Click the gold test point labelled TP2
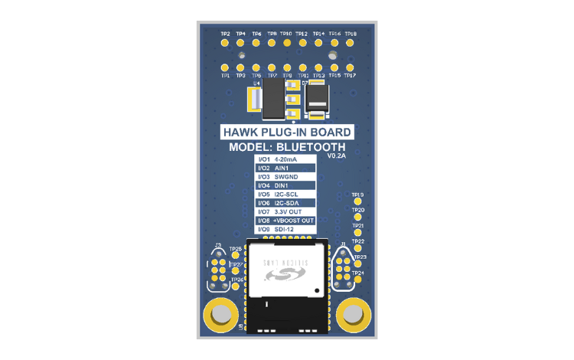225,43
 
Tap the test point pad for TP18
351,43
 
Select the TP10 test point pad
287,43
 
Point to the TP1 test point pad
225,67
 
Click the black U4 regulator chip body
273,103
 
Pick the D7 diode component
317,99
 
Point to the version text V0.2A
337,155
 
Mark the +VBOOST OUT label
294,221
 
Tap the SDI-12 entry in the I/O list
285,229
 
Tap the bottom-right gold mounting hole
353,313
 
